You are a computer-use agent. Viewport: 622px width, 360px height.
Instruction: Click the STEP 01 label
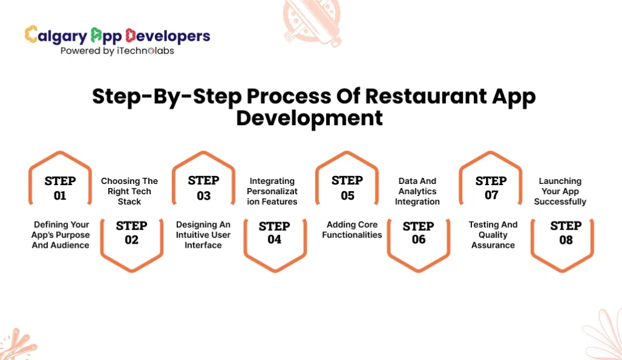pos(60,188)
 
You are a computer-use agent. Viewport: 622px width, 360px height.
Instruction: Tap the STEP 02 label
pos(131,233)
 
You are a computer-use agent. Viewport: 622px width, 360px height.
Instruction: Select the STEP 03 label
pos(203,188)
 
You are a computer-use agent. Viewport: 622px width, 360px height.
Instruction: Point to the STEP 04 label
pos(275,233)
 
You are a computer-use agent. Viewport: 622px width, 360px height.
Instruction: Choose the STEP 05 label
pos(347,188)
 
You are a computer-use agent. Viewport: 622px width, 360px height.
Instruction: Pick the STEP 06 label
pos(419,233)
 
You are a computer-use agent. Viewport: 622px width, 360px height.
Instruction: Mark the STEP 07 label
pos(491,188)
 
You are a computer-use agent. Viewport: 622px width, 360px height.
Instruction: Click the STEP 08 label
pos(566,233)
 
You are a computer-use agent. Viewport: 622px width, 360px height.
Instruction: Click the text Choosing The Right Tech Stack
pos(129,191)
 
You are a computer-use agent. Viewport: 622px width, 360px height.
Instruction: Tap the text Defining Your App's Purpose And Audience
pos(60,235)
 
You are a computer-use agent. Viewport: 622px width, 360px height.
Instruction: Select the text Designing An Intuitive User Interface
pos(203,235)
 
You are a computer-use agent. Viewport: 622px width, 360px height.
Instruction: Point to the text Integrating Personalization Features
pos(272,191)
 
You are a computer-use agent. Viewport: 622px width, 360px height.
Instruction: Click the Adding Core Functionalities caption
pos(352,229)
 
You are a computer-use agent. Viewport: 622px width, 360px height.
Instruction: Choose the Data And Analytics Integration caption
pos(417,191)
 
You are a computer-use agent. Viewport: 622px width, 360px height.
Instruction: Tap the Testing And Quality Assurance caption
pos(493,235)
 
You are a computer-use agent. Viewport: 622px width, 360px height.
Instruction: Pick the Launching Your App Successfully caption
pos(560,191)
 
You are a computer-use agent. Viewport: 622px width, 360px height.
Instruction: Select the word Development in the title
pos(309,117)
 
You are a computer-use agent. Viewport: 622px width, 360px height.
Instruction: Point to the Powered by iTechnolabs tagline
pos(117,51)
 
